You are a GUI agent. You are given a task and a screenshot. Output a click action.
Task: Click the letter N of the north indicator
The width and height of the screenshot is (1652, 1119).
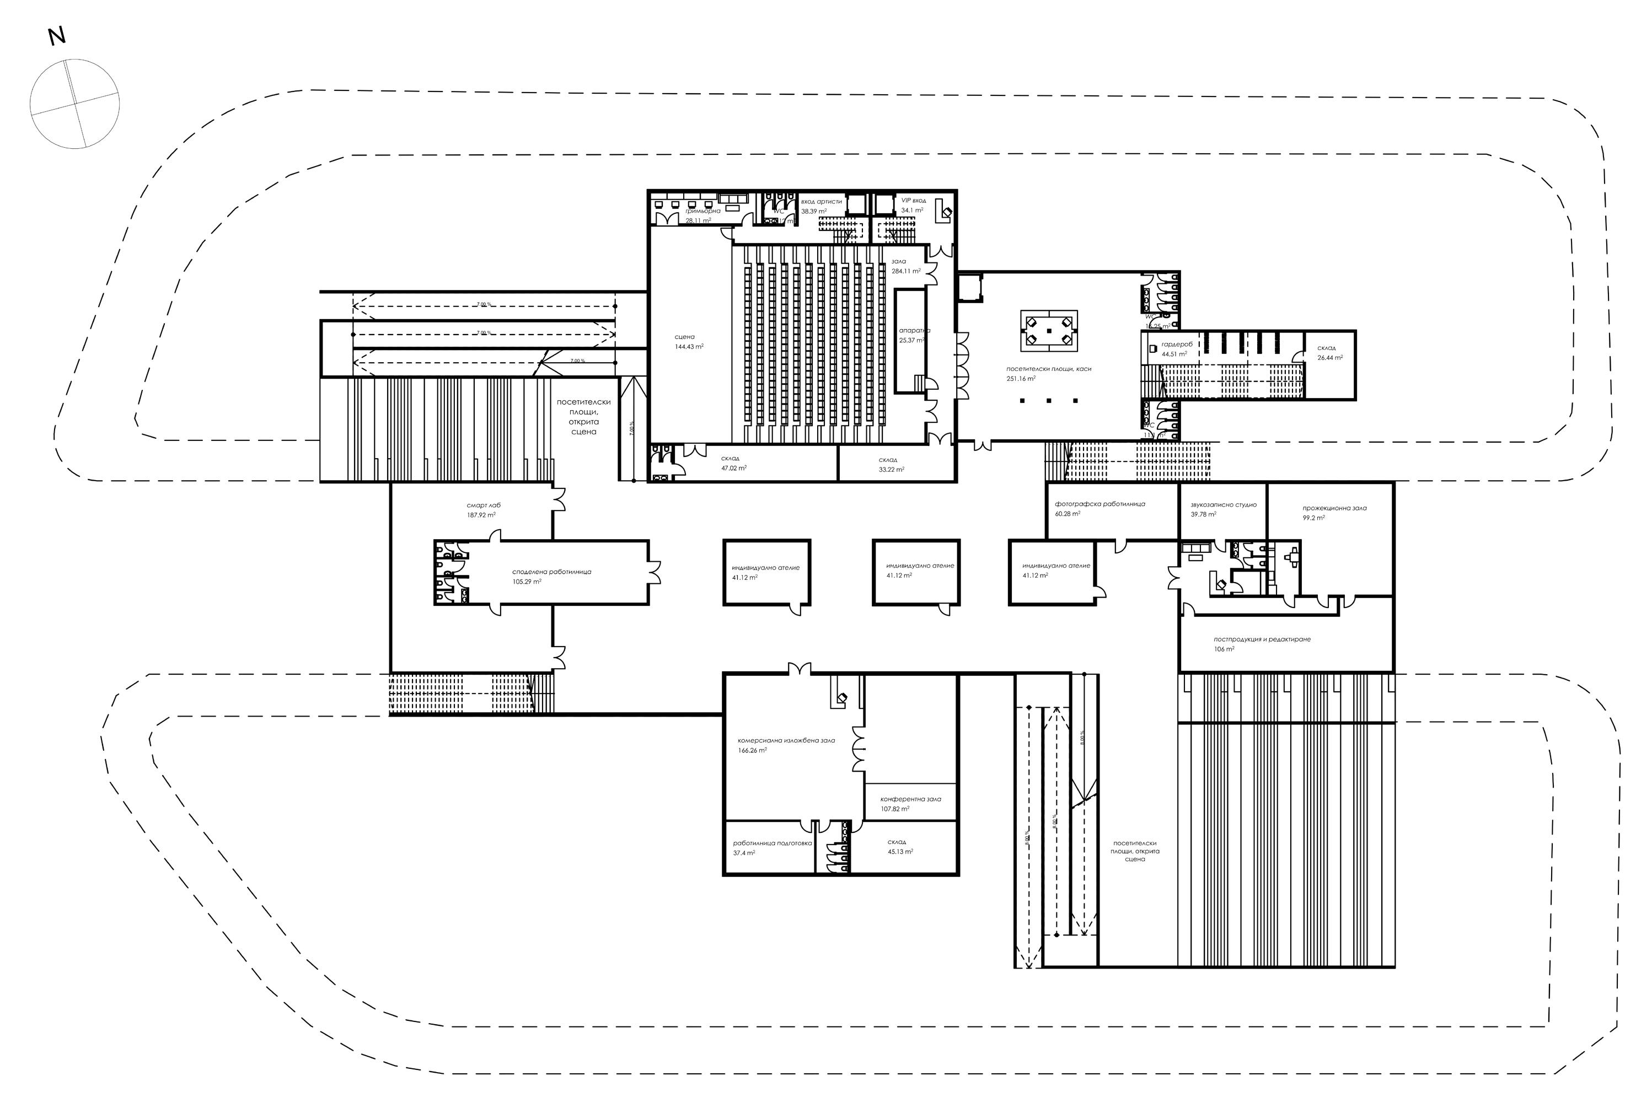click(56, 36)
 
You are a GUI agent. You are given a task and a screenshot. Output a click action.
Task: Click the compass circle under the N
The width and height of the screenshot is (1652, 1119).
click(74, 104)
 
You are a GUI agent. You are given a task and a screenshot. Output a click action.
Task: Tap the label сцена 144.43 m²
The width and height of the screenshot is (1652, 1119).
click(688, 342)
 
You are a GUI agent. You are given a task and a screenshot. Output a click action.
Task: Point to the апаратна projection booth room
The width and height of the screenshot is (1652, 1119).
click(910, 341)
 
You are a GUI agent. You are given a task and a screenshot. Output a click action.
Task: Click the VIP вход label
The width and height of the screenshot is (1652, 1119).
click(913, 205)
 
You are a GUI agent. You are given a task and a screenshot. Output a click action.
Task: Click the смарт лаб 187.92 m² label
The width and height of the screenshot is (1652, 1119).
click(484, 509)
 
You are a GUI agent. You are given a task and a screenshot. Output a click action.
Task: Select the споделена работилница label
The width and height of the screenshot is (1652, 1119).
click(551, 576)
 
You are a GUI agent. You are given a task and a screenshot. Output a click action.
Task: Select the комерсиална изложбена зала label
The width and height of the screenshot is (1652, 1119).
click(786, 745)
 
